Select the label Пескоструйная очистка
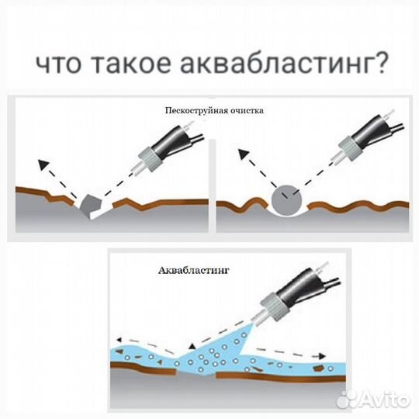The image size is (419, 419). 214,110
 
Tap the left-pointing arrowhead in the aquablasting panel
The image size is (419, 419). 117,341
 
